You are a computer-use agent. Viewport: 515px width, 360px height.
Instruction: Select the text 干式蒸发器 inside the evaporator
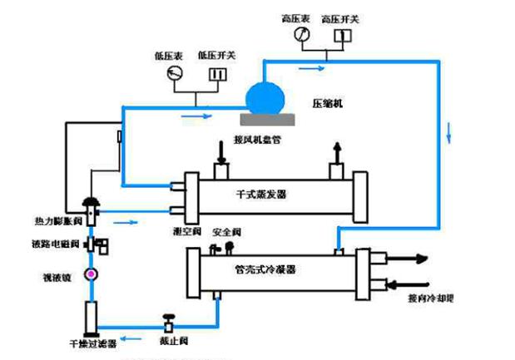[261, 193]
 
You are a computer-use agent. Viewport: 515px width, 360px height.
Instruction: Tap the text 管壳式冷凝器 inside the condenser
[267, 269]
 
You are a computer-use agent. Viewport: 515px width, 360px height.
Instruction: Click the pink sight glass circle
[92, 273]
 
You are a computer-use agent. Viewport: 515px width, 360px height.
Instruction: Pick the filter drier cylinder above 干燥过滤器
[91, 315]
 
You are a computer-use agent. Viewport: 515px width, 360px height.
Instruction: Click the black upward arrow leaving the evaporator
[337, 151]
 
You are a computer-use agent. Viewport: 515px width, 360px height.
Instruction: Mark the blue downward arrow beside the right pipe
[451, 129]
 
